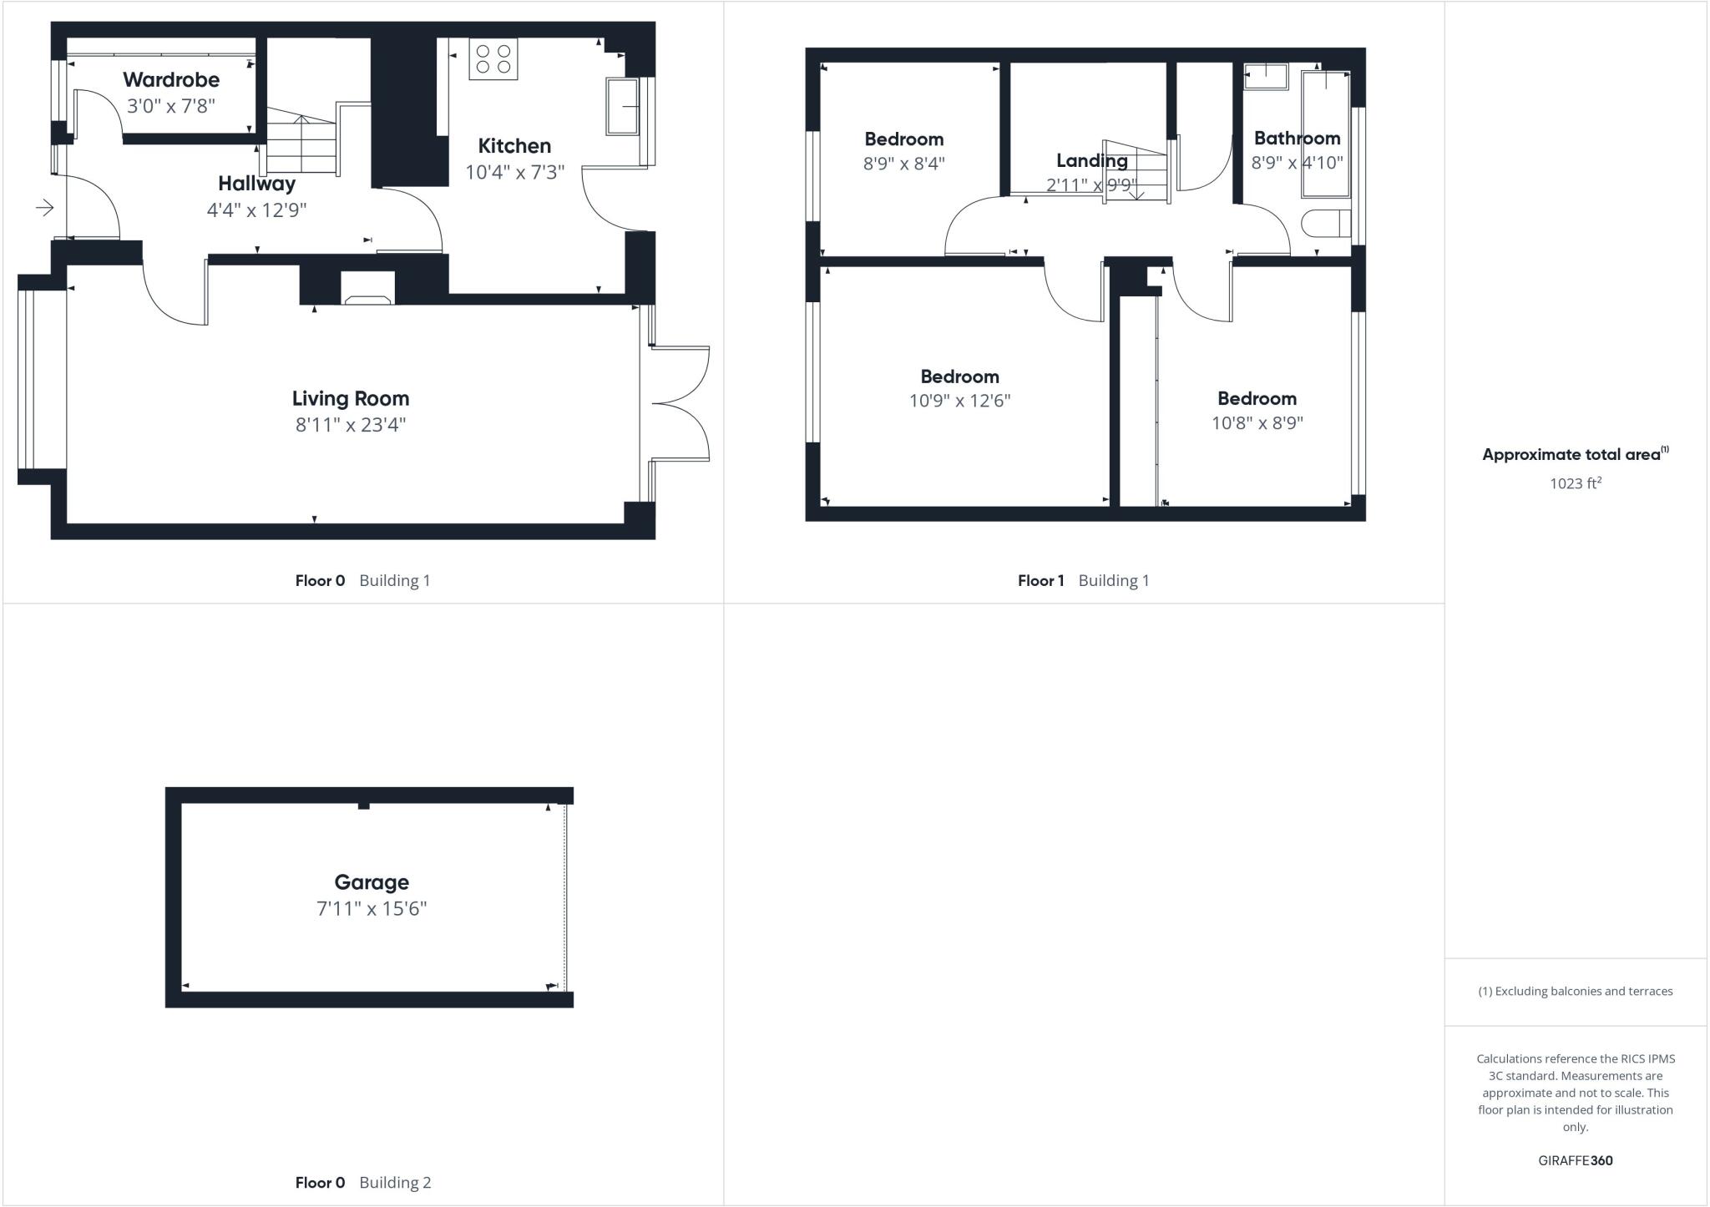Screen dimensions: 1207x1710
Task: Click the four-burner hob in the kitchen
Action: click(x=493, y=58)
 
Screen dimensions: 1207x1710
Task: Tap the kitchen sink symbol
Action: click(x=622, y=106)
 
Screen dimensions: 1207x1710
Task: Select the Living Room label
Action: click(x=351, y=398)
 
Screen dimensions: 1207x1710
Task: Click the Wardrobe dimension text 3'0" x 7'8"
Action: click(x=171, y=106)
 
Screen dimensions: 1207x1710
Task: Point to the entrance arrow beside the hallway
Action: click(x=45, y=207)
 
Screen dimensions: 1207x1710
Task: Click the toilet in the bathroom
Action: click(x=1326, y=224)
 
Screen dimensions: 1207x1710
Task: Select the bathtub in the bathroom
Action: click(x=1325, y=134)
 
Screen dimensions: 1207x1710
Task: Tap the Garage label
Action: click(x=372, y=882)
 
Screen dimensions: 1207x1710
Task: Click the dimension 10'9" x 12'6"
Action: click(x=959, y=401)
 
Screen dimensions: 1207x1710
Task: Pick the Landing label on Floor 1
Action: click(x=1091, y=160)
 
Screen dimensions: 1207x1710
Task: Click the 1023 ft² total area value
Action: click(x=1575, y=483)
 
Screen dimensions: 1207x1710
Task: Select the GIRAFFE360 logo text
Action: click(x=1575, y=1160)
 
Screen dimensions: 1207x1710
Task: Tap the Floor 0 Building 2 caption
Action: click(x=363, y=1182)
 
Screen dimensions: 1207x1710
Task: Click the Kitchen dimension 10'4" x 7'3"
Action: click(x=514, y=173)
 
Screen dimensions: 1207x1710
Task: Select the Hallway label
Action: click(x=256, y=184)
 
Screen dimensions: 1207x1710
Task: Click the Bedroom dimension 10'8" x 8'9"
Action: click(x=1257, y=423)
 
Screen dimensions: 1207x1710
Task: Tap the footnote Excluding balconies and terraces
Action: click(x=1575, y=992)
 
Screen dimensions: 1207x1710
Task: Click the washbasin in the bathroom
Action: click(x=1266, y=77)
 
